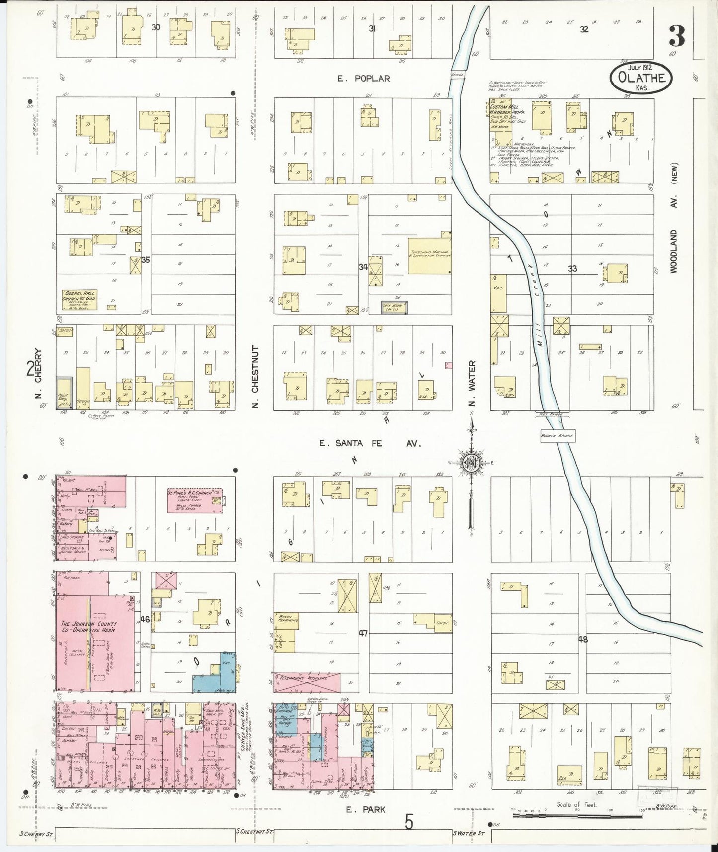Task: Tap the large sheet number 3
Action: pos(676,36)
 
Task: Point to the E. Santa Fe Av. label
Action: pos(370,443)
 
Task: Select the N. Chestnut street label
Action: pos(255,376)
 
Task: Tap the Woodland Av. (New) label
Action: pos(674,219)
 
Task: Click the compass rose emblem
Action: pos(471,463)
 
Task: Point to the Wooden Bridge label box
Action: pos(558,436)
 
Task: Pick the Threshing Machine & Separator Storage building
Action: pos(430,253)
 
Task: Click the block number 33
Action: pos(572,268)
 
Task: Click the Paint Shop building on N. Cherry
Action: pos(64,393)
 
